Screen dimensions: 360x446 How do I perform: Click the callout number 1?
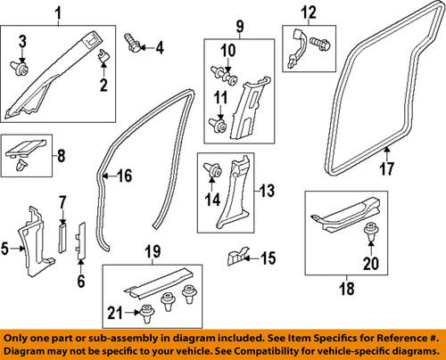click(x=58, y=12)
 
